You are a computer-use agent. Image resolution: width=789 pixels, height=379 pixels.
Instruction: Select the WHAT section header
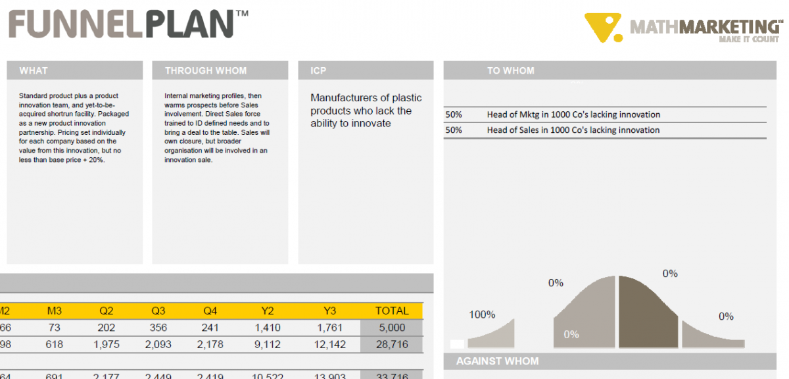(x=34, y=71)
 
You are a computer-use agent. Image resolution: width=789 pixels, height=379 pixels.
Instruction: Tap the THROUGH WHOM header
(x=206, y=71)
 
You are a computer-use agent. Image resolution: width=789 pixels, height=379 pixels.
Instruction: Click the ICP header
(x=319, y=71)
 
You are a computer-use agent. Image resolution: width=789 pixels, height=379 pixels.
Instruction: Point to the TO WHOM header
(x=510, y=71)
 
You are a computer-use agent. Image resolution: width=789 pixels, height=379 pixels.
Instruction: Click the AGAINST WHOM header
(x=497, y=361)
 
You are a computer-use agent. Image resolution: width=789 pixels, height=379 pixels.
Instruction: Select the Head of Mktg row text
(x=573, y=114)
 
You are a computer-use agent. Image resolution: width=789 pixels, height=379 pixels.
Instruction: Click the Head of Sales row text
(x=573, y=130)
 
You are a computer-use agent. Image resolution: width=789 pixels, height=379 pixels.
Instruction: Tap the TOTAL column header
(x=392, y=311)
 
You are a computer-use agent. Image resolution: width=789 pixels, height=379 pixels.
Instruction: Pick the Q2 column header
(x=107, y=311)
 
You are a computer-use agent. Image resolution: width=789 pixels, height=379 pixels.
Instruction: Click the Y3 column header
(x=330, y=311)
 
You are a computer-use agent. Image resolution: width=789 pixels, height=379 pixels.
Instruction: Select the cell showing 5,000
(x=392, y=328)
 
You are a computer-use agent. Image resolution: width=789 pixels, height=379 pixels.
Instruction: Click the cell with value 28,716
(x=392, y=344)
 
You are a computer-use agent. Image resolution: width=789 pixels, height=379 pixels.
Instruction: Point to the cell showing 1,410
(x=268, y=328)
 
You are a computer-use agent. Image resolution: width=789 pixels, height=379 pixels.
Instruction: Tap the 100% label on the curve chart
(x=482, y=315)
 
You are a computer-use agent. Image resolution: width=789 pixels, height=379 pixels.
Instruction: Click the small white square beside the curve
(x=457, y=343)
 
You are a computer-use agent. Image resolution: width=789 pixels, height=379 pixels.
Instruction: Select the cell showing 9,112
(x=268, y=344)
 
